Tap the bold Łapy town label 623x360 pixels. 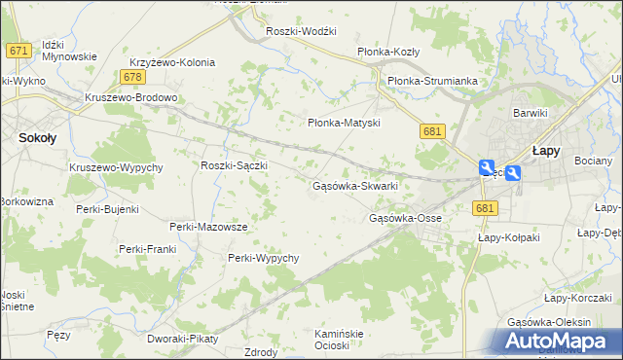544,151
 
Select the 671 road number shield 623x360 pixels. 18,50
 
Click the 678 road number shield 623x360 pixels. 134,77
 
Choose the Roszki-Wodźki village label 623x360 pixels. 302,31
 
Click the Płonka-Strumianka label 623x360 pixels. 431,81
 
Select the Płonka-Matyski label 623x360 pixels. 343,124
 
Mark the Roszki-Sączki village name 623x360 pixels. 234,165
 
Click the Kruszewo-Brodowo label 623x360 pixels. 131,97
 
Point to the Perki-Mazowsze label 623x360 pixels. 208,227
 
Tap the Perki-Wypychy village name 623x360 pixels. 263,258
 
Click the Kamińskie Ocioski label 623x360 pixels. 339,340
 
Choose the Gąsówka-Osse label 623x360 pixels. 406,218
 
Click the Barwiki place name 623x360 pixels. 531,113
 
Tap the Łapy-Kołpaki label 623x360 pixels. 507,236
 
